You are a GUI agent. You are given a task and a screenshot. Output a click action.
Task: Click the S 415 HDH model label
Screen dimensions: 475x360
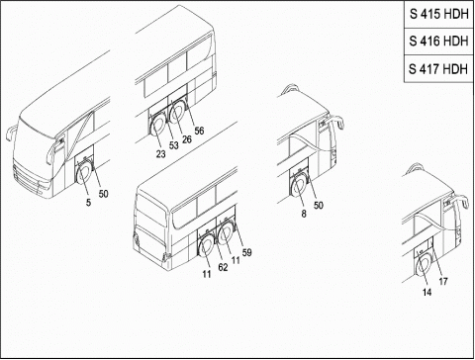[x=439, y=14]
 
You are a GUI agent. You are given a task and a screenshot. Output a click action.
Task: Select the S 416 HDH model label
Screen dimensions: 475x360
[x=438, y=41]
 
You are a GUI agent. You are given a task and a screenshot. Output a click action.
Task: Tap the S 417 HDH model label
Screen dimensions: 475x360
[x=438, y=69]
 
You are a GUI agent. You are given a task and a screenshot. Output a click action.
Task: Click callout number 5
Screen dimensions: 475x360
[x=88, y=203]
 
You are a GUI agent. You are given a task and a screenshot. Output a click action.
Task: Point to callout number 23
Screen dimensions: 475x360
[x=160, y=154]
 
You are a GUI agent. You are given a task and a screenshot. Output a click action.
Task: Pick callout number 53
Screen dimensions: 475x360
[x=173, y=145]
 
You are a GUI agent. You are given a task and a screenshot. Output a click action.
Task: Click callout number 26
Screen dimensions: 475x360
[x=187, y=139]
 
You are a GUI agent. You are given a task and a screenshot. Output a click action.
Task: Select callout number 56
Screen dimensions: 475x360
[x=199, y=131]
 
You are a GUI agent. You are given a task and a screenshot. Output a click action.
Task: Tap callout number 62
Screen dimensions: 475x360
[x=223, y=267]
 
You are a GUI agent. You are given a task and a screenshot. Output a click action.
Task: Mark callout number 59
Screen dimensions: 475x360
[x=246, y=252]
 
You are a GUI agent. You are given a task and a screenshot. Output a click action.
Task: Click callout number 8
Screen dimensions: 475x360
[x=304, y=214]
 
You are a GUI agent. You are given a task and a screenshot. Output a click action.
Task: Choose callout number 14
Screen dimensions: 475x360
[x=427, y=292]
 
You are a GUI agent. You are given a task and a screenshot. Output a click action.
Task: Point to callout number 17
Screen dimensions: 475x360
[x=443, y=281]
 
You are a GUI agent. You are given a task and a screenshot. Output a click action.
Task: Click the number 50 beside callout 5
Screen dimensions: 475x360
[x=103, y=194]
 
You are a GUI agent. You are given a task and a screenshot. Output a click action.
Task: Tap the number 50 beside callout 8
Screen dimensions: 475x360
[x=318, y=205]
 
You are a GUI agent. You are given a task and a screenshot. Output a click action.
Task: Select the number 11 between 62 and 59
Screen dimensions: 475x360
[x=236, y=260]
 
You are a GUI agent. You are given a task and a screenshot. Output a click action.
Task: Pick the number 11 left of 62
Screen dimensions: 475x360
[x=207, y=274]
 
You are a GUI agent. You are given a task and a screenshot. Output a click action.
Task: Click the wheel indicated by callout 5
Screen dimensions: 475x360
[x=84, y=173]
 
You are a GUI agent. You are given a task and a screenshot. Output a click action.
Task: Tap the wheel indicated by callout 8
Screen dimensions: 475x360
[x=300, y=187]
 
